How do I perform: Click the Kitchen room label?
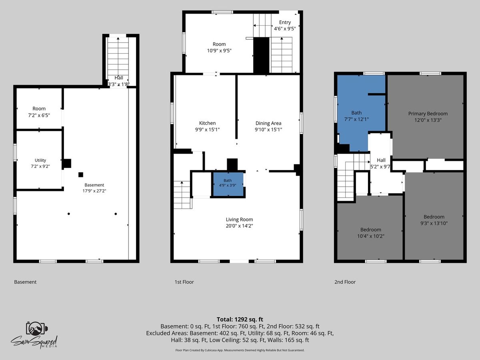point(207,123)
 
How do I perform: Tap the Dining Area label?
point(268,123)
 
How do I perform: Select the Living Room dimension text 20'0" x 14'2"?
point(239,226)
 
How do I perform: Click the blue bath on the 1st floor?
point(228,184)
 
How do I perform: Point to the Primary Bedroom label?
point(428,114)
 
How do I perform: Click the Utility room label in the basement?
point(40,160)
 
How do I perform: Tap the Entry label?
point(285,22)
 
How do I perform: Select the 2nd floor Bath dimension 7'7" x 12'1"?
point(356,119)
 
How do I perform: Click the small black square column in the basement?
point(81,175)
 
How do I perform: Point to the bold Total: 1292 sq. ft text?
point(240,320)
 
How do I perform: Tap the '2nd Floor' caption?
point(345,282)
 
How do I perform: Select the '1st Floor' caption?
point(184,282)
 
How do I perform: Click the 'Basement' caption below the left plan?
point(25,282)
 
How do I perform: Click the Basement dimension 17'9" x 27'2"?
point(94,191)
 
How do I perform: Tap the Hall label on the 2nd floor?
point(381,160)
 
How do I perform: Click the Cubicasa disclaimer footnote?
point(240,350)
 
